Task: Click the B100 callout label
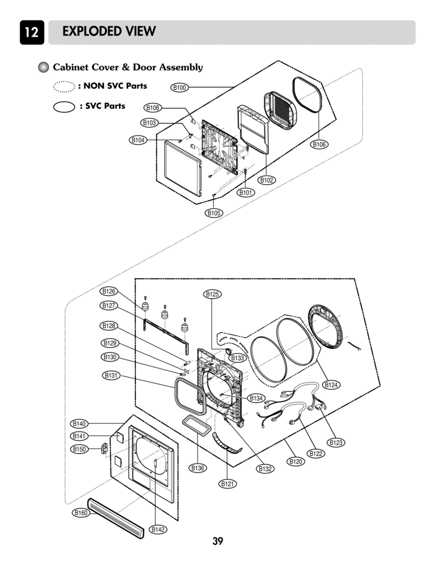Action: click(180, 88)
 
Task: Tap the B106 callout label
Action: click(319, 145)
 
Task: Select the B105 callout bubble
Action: click(215, 213)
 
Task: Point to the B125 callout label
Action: click(212, 294)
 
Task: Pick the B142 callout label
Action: click(158, 529)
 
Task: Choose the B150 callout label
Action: click(79, 449)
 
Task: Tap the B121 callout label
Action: click(228, 483)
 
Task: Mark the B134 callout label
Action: click(256, 398)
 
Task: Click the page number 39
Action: click(217, 542)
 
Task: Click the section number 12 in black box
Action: click(31, 33)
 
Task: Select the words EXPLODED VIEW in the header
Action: click(109, 32)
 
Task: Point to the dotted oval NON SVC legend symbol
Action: click(64, 87)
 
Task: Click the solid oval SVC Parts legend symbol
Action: click(64, 106)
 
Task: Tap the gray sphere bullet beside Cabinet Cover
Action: click(43, 67)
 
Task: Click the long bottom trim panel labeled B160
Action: click(115, 517)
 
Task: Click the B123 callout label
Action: click(336, 442)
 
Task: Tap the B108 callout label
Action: click(153, 108)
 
